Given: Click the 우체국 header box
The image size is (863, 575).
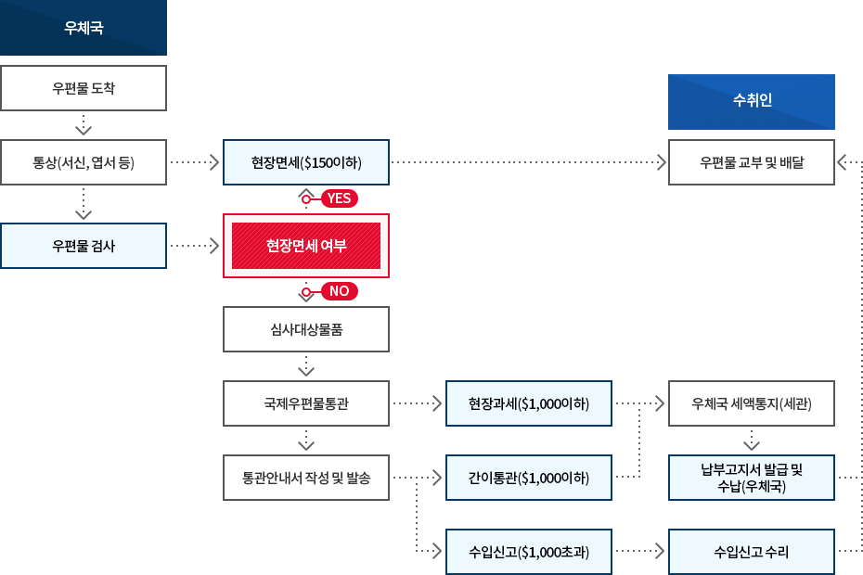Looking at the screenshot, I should (84, 28).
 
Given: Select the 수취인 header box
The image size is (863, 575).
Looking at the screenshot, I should (751, 101).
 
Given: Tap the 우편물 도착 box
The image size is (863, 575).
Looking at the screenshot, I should (84, 88).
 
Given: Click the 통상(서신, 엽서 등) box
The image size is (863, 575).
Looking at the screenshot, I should (84, 162).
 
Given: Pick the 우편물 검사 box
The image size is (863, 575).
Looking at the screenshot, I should (84, 246).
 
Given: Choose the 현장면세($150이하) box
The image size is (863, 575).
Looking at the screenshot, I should (306, 162).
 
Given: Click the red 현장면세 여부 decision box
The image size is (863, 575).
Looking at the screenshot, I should (306, 246).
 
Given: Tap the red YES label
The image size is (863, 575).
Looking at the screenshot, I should (338, 198).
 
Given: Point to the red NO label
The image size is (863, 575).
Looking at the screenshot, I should (338, 291).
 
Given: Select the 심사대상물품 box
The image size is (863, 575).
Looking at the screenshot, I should (306, 329).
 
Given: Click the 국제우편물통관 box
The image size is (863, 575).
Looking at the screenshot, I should (306, 403).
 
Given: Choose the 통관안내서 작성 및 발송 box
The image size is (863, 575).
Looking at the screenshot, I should (306, 478).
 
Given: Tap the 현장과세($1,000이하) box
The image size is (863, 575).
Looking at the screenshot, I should (529, 403).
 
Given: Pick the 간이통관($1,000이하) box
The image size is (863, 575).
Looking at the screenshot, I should (529, 478).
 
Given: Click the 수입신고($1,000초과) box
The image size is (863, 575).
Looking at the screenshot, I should (529, 552).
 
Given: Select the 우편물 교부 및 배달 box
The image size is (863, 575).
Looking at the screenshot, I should (752, 162).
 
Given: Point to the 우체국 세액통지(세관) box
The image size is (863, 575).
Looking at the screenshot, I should (752, 403).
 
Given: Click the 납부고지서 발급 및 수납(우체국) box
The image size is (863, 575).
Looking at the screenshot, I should (752, 478).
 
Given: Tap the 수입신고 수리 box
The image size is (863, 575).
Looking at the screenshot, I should (752, 552).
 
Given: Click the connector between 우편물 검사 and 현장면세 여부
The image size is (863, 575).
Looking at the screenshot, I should (195, 246).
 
